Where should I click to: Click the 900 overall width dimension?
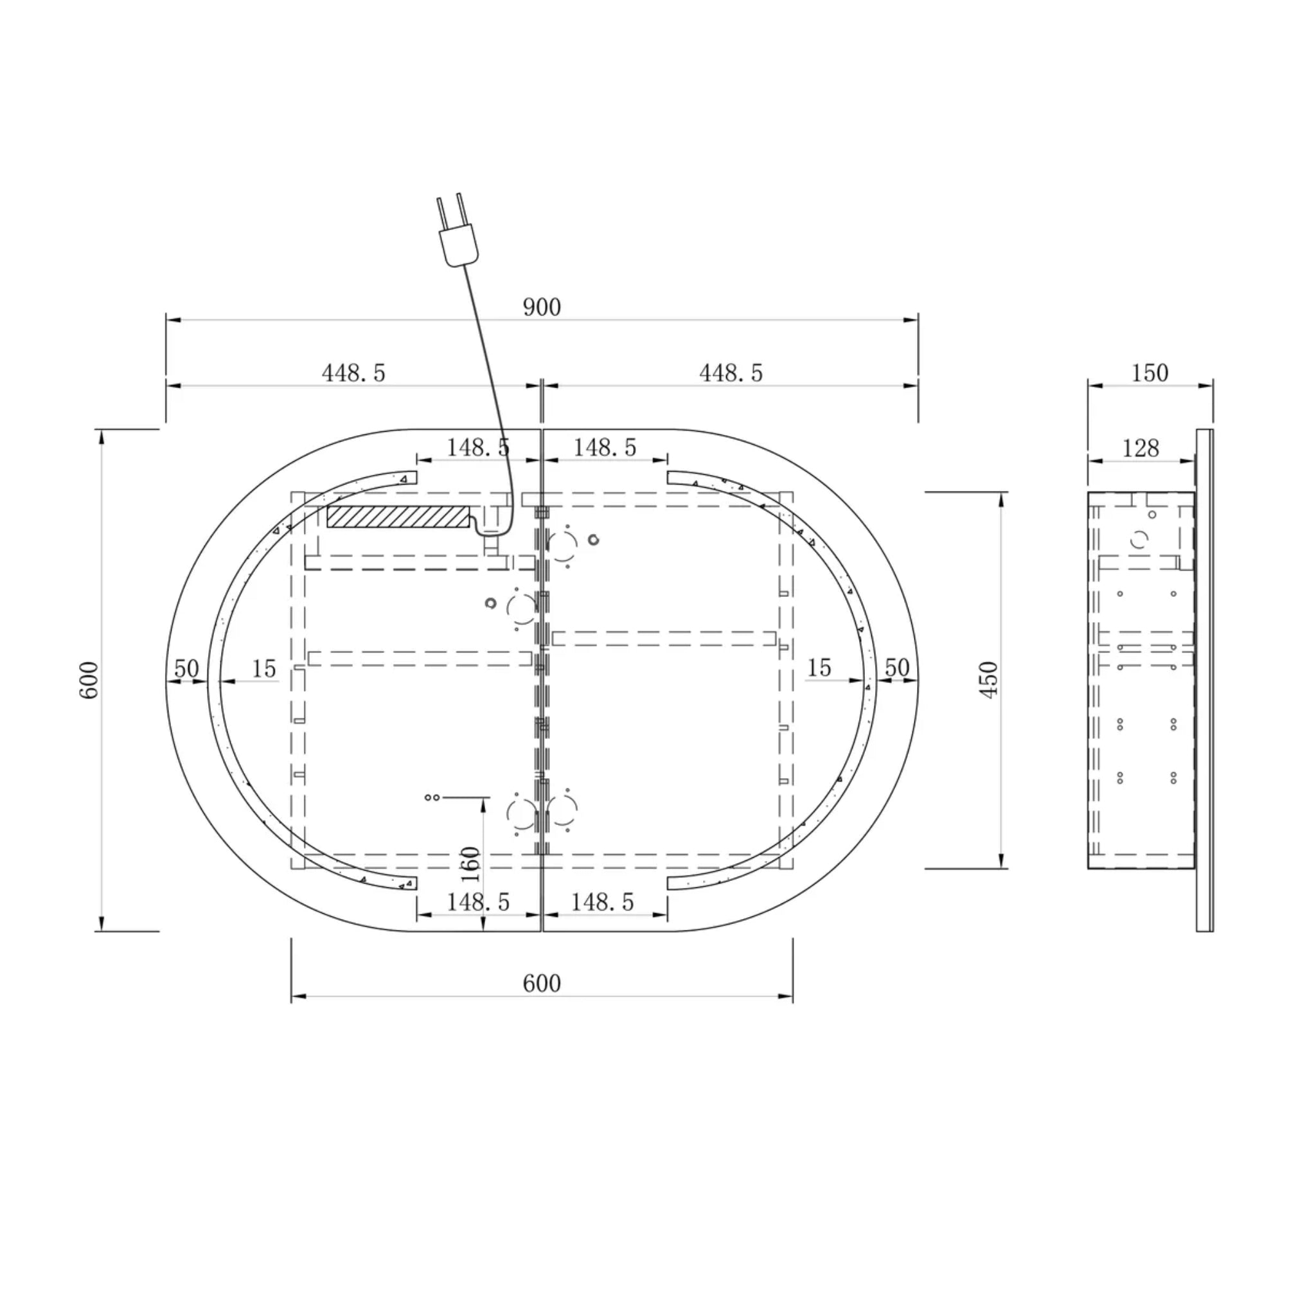[x=542, y=308]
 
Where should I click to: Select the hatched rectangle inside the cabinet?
[x=398, y=517]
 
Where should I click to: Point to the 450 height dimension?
[x=988, y=679]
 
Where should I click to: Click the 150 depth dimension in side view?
[x=1150, y=373]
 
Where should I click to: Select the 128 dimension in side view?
[x=1141, y=449]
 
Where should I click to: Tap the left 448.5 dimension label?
[x=353, y=373]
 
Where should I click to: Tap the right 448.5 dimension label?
[x=731, y=373]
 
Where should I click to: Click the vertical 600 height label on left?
[x=89, y=680]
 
